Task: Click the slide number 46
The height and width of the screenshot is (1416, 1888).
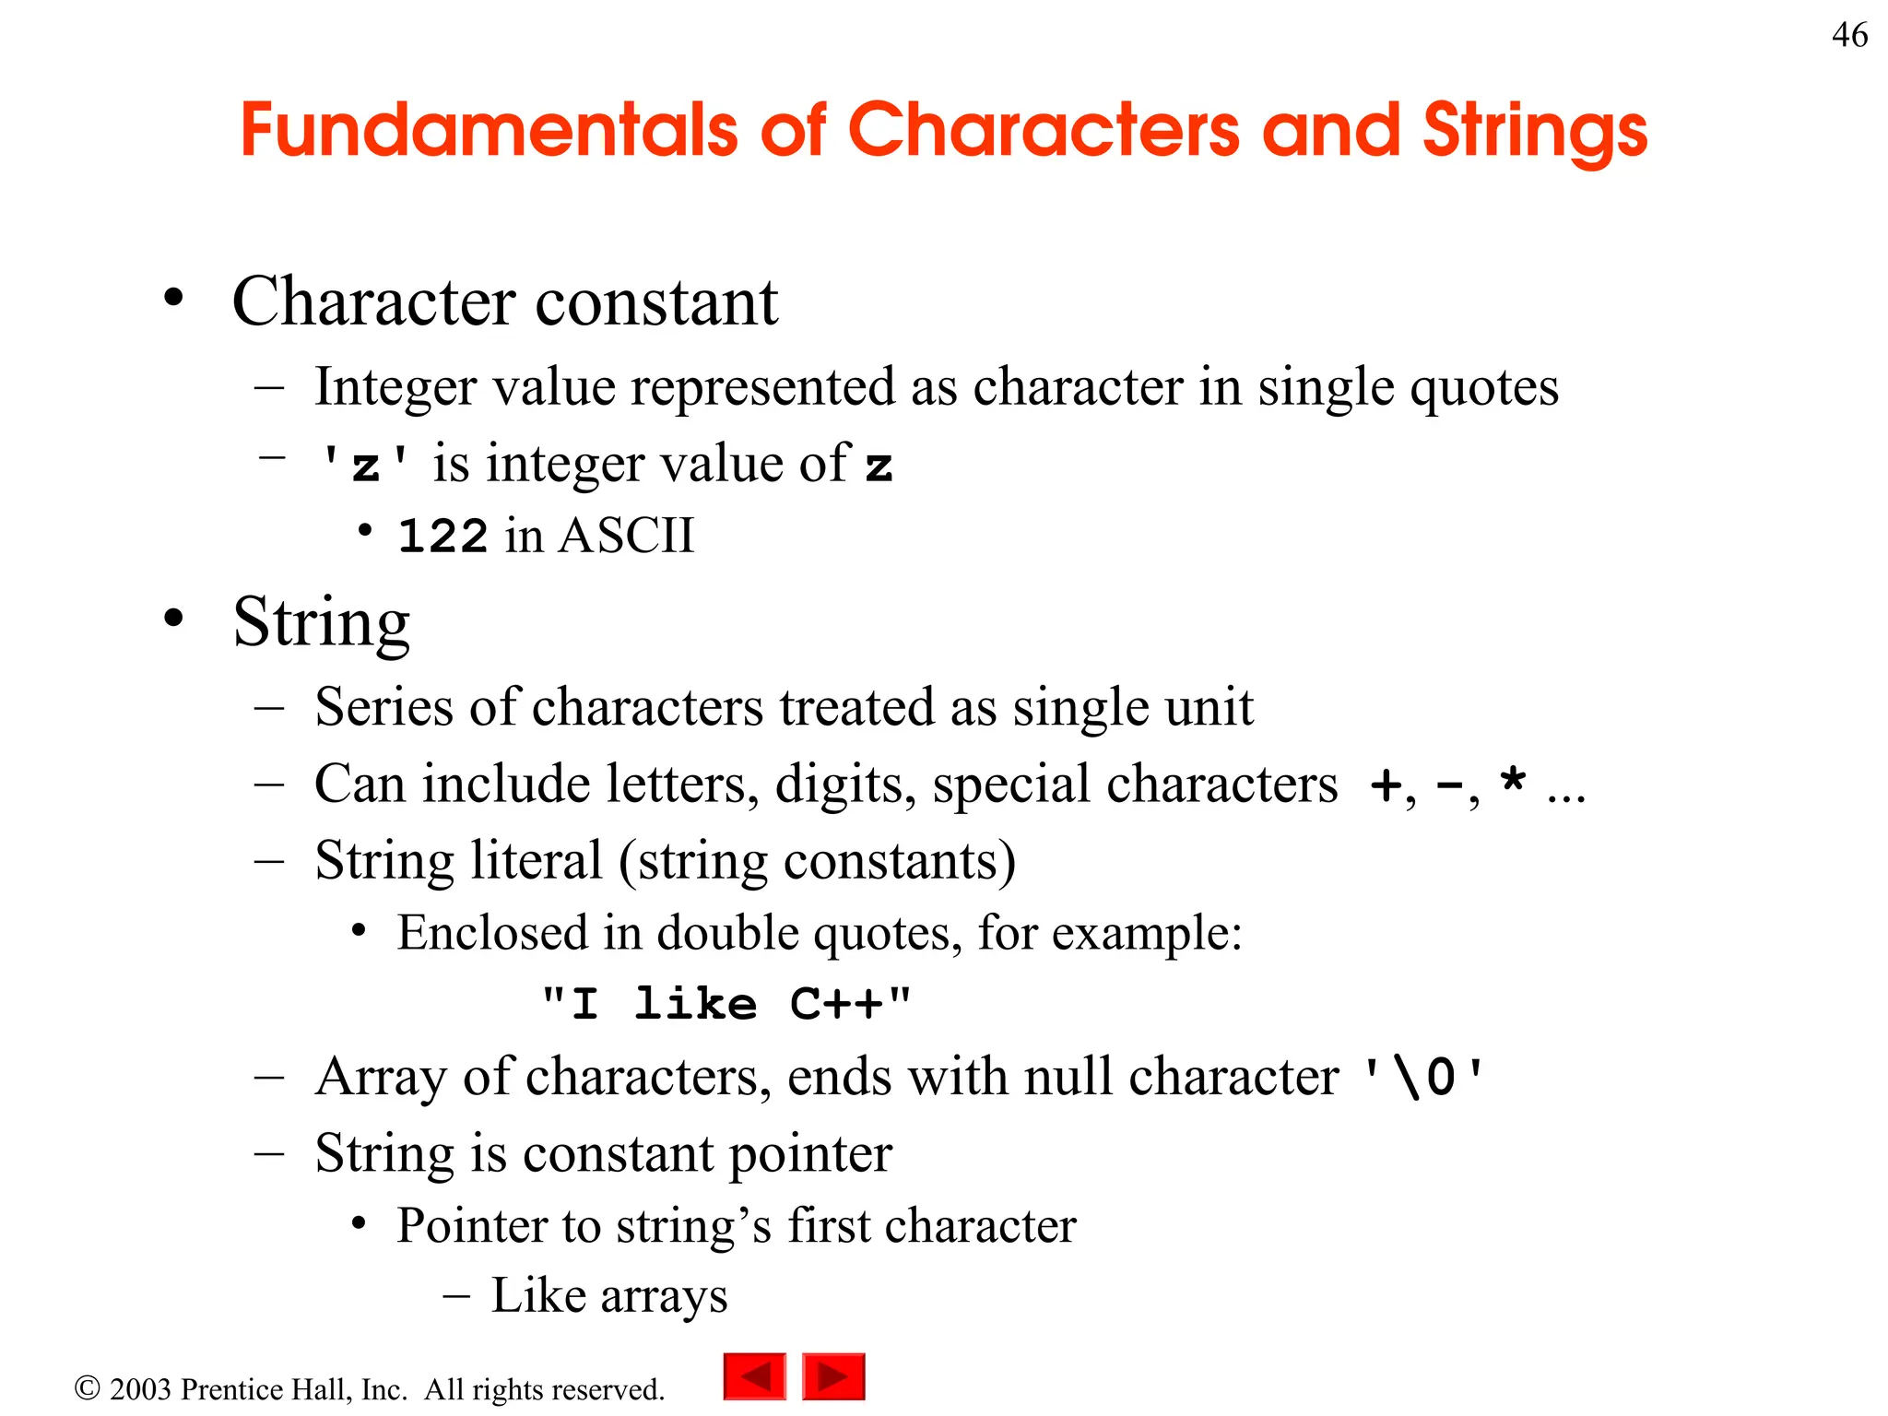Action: point(1849,35)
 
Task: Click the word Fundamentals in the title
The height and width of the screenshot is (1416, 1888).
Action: point(489,130)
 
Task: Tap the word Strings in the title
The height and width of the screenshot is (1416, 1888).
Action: point(1534,132)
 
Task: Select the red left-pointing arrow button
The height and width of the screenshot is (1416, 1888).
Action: point(754,1376)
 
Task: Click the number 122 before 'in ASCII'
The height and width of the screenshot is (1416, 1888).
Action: point(442,537)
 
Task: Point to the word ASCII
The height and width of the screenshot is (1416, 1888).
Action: point(626,536)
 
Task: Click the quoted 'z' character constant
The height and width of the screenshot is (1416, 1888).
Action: point(365,464)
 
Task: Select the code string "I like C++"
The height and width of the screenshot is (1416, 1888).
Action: point(726,1004)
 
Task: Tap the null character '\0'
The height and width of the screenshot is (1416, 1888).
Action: point(1424,1077)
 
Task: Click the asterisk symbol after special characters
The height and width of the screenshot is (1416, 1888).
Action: point(1512,781)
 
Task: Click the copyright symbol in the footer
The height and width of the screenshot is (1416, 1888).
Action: point(87,1388)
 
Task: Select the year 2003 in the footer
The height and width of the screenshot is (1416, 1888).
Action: point(140,1389)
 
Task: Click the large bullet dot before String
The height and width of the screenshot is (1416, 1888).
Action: point(173,619)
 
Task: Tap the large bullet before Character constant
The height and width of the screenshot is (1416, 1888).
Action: point(173,298)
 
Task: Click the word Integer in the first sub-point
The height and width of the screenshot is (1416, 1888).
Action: point(395,386)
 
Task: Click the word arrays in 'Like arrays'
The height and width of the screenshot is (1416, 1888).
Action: point(664,1296)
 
